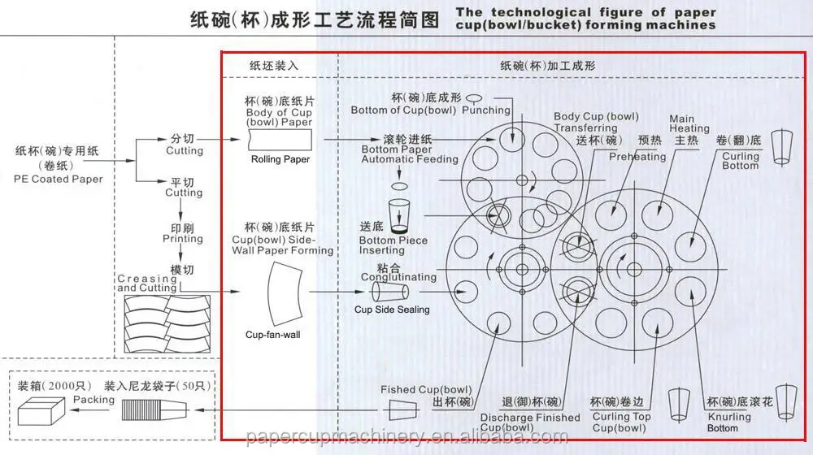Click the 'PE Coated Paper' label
pyautogui.click(x=59, y=179)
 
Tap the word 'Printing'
pyautogui.click(x=182, y=239)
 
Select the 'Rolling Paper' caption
pyautogui.click(x=280, y=159)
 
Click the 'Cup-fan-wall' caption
pyautogui.click(x=273, y=335)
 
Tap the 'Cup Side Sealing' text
pyautogui.click(x=392, y=310)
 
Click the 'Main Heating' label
pyautogui.click(x=689, y=123)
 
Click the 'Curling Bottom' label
pyautogui.click(x=740, y=161)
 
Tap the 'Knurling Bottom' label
pyautogui.click(x=728, y=422)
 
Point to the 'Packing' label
pyautogui.click(x=93, y=400)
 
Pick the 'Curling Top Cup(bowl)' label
pyautogui.click(x=621, y=422)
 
